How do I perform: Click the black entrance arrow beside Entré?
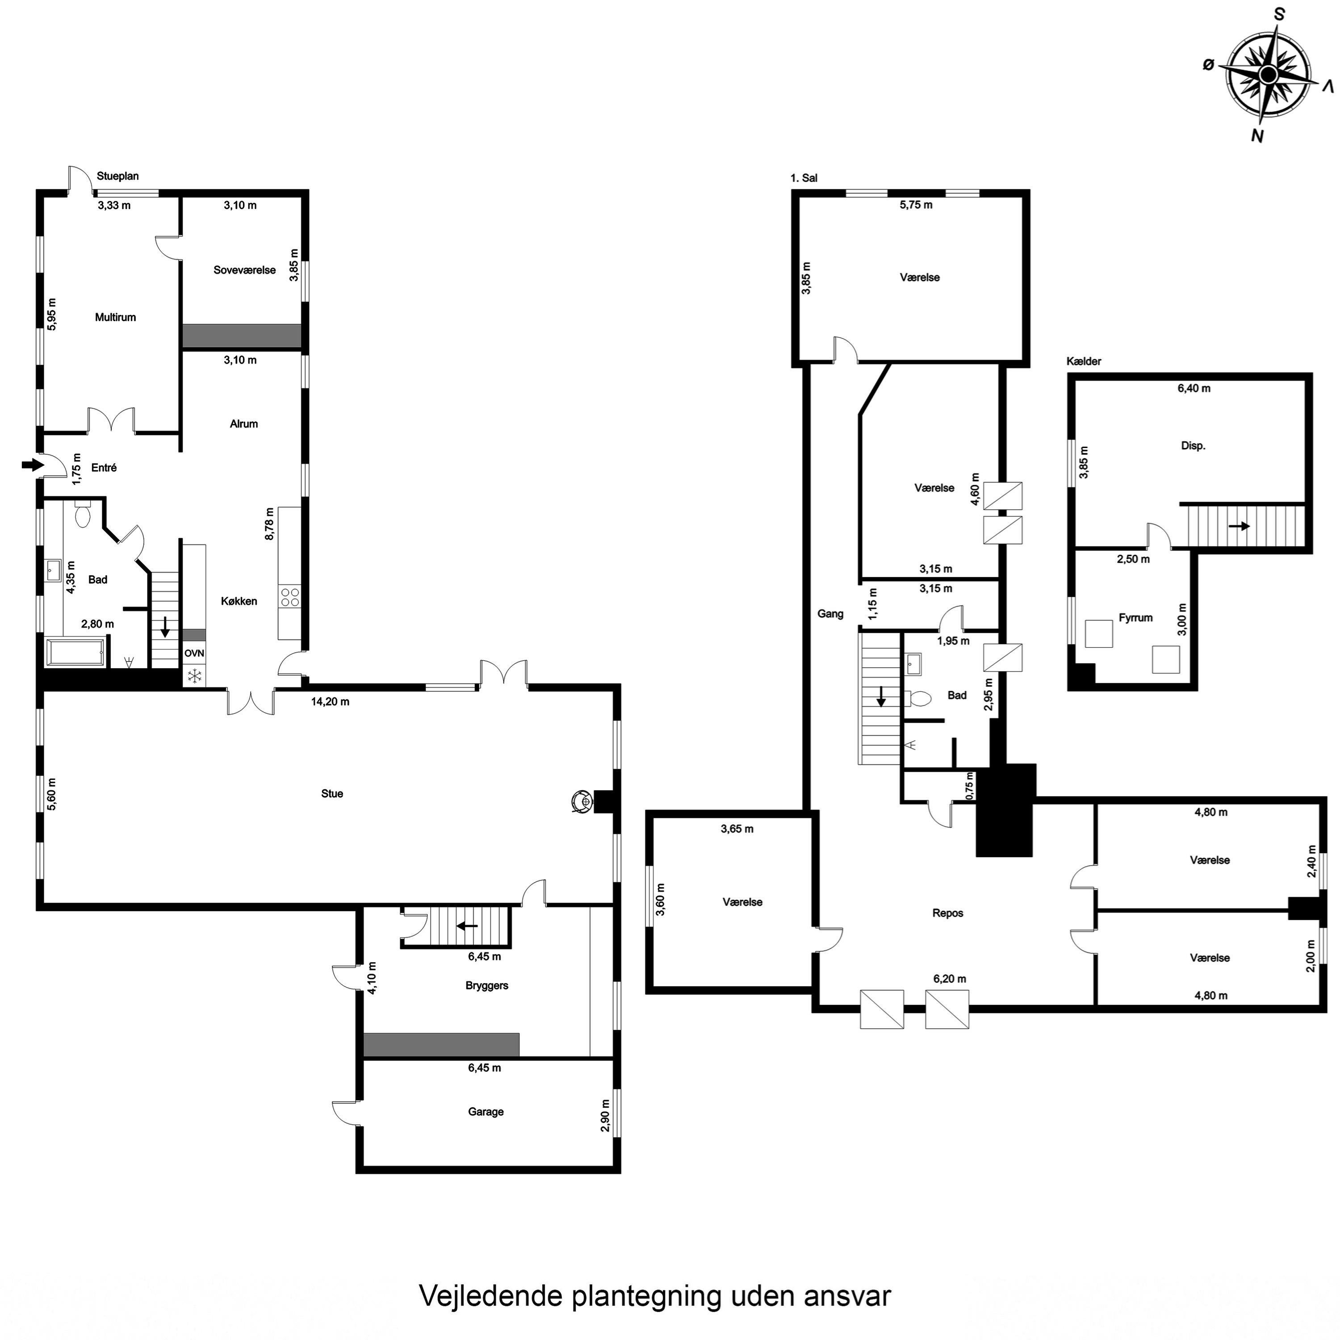click(32, 465)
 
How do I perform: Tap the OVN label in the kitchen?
click(194, 653)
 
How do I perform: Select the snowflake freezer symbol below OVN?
click(195, 675)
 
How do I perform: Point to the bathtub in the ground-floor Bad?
click(75, 653)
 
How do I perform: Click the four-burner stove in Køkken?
click(290, 597)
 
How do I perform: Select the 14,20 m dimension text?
click(330, 702)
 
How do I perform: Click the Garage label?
click(486, 1112)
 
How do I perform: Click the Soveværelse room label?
click(244, 271)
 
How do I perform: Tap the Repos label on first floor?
click(947, 913)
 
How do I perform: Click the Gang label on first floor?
click(830, 613)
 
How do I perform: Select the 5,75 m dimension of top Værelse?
click(916, 205)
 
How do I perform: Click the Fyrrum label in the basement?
click(1135, 617)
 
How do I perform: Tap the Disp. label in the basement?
click(1193, 446)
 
